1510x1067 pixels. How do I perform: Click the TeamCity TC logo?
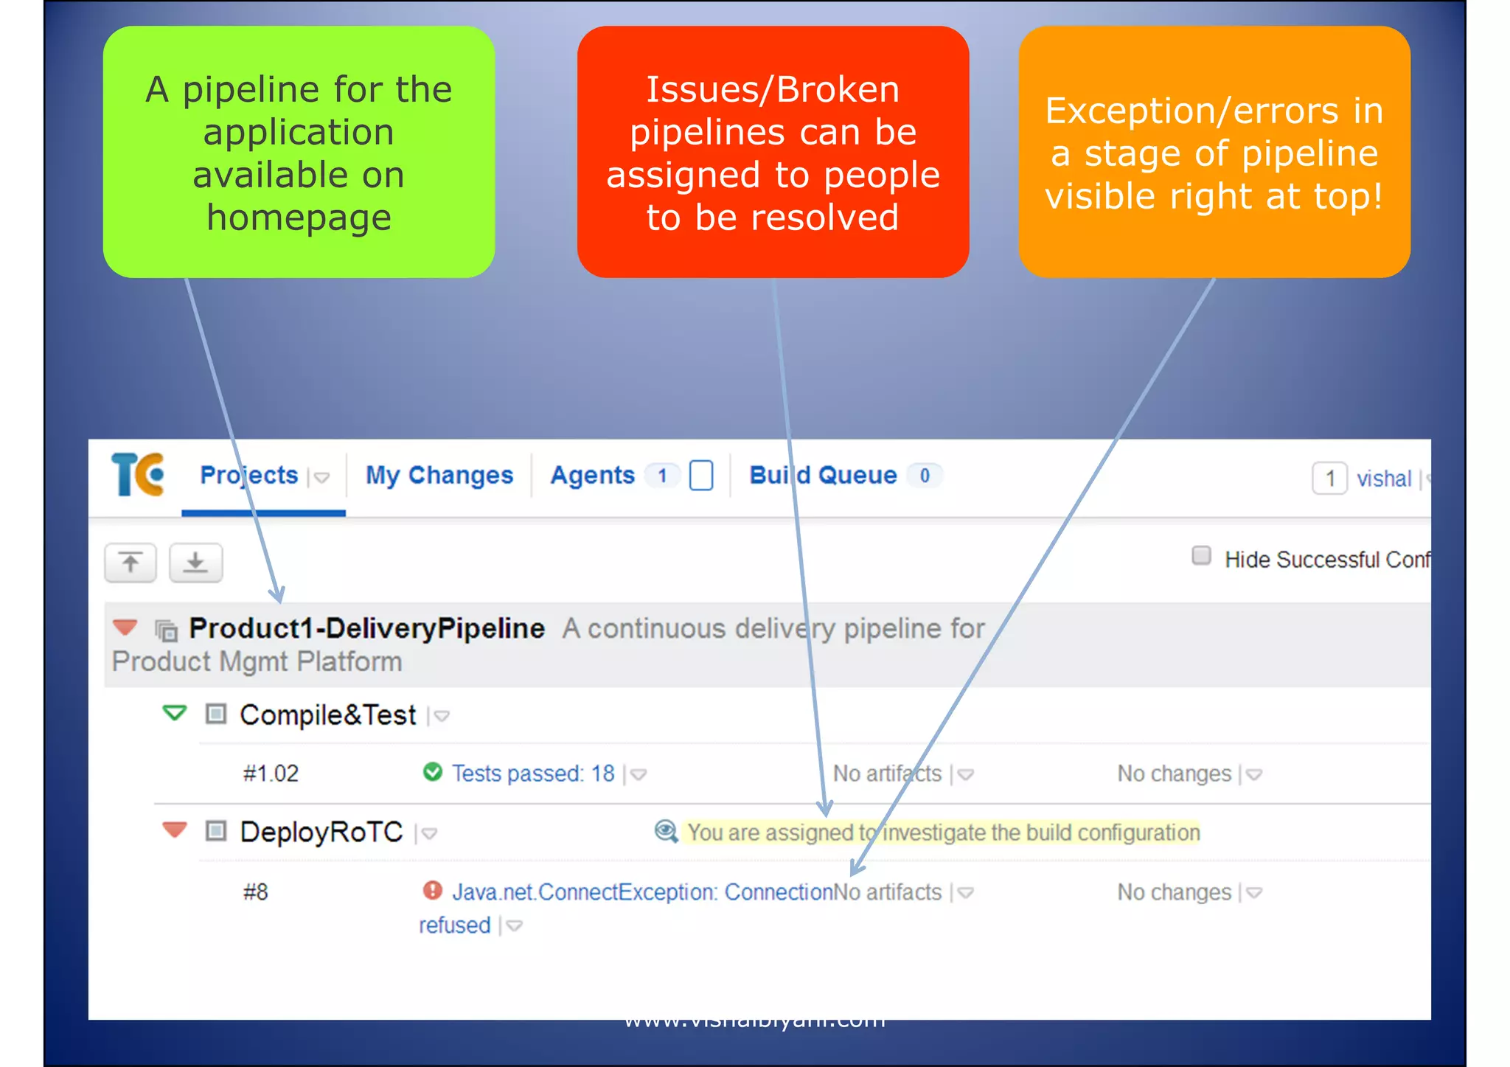point(138,475)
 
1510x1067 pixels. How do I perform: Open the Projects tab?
point(248,476)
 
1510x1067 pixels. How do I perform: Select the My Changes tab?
point(439,476)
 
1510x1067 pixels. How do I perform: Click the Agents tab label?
point(592,476)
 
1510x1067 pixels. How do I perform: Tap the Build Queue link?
point(823,476)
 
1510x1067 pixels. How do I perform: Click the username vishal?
point(1383,479)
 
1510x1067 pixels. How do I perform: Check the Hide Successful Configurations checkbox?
point(1201,556)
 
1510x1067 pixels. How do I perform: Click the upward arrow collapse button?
point(131,563)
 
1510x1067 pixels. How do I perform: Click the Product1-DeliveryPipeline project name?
point(366,629)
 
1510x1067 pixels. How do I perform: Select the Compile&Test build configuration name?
point(328,715)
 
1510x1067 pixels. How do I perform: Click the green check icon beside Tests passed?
point(433,772)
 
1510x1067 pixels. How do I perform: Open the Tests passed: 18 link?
point(532,774)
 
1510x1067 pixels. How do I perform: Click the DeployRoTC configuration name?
point(321,833)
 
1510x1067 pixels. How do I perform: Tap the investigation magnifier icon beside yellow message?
point(666,832)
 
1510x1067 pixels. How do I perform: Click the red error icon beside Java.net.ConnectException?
point(433,891)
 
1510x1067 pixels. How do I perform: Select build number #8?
point(256,892)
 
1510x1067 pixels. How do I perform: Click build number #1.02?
point(271,774)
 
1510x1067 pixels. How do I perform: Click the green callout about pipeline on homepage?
point(299,153)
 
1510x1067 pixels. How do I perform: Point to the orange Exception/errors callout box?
point(1214,153)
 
